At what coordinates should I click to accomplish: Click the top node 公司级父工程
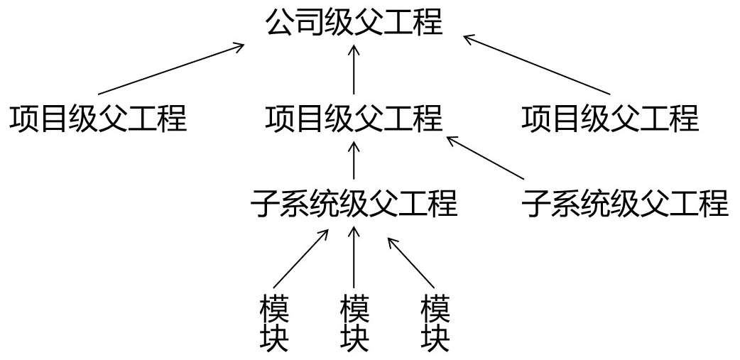point(354,23)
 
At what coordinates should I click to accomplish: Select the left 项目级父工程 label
point(98,118)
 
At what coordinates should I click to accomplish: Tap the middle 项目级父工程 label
point(354,118)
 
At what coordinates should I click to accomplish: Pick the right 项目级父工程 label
point(610,118)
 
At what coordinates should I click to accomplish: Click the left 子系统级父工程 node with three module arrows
point(354,204)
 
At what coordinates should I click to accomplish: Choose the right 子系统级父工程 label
point(625,204)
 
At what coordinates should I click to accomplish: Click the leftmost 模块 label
point(273,324)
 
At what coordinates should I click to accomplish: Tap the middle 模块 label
point(354,324)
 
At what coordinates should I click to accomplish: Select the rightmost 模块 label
point(435,324)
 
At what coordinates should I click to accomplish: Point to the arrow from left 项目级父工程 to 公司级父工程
point(170,69)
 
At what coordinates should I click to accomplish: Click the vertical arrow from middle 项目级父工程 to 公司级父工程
point(354,70)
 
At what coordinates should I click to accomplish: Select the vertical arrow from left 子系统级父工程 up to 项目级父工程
point(354,160)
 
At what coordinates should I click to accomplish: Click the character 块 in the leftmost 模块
point(273,339)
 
